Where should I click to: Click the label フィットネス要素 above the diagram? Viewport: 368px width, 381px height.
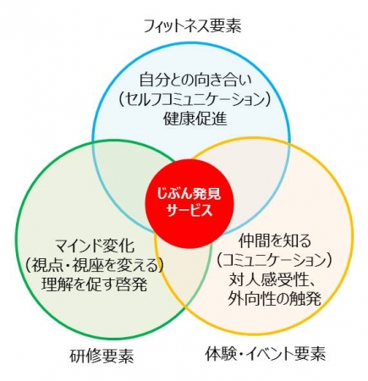point(193,26)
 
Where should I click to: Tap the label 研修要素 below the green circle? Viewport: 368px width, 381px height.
point(102,356)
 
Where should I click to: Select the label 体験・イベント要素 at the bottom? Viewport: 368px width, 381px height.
point(265,353)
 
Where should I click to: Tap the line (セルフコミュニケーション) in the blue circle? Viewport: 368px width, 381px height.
point(195,100)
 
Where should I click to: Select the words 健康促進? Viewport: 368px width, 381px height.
point(195,119)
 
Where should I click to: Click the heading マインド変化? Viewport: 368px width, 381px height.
point(94,246)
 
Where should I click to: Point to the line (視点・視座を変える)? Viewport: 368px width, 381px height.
point(94,265)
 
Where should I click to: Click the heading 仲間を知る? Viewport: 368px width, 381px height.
point(275,241)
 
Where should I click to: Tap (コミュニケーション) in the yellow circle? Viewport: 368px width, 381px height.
point(275,261)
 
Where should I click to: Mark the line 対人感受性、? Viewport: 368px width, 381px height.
point(273,279)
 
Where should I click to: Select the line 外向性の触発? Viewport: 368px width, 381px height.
point(275,299)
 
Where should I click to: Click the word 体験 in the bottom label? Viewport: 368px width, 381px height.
point(221,353)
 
